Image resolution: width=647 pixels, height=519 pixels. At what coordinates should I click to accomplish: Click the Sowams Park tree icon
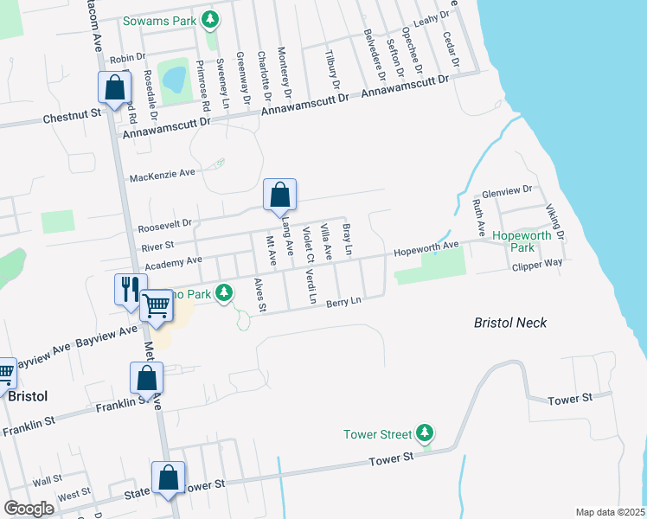[x=209, y=19]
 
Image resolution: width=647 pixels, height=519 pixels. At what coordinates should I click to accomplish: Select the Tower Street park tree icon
[x=424, y=432]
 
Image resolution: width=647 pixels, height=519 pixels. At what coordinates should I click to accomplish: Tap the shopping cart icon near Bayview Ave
[x=157, y=305]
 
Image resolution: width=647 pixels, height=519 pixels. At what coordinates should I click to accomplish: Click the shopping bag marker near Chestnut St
[x=114, y=88]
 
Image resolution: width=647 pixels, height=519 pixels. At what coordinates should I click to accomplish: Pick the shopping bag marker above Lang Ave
[x=279, y=195]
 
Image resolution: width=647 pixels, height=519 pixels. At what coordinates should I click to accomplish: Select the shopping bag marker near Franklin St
[x=146, y=378]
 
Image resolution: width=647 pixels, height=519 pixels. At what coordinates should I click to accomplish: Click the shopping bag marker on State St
[x=168, y=478]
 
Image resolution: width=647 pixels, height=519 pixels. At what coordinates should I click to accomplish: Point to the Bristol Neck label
[x=510, y=323]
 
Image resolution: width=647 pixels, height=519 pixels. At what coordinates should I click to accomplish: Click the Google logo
[x=29, y=509]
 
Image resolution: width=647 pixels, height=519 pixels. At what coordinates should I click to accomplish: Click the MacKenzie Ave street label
[x=163, y=177]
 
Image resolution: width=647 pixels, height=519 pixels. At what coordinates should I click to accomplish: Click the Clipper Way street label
[x=537, y=262]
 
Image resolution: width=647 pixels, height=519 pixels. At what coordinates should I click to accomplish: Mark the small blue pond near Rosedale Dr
[x=175, y=78]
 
